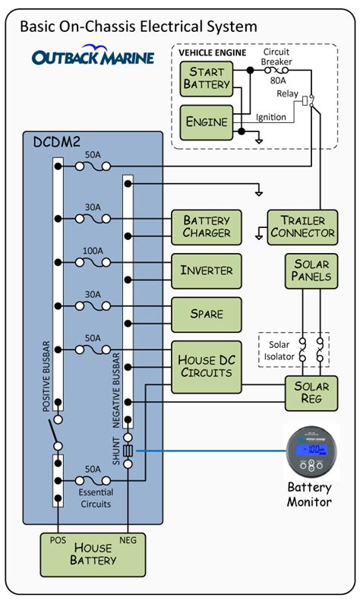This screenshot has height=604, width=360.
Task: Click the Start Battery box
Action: click(x=205, y=77)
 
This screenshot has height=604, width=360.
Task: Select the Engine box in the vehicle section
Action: click(x=205, y=121)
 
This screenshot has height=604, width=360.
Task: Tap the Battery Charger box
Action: click(x=206, y=227)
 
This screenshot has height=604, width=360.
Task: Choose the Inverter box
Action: click(x=206, y=270)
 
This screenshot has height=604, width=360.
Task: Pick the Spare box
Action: click(x=206, y=313)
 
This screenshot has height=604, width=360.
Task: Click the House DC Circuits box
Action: click(x=206, y=365)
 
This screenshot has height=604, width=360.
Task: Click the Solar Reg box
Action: click(x=312, y=393)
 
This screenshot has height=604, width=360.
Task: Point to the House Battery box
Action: click(x=93, y=554)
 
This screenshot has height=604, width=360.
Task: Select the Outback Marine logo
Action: click(x=93, y=58)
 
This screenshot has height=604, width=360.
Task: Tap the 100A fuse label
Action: click(x=92, y=250)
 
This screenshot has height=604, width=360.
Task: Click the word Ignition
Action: click(x=270, y=117)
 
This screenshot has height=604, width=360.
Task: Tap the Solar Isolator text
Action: click(x=279, y=351)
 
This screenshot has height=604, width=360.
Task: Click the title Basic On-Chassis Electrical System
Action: click(x=137, y=27)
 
